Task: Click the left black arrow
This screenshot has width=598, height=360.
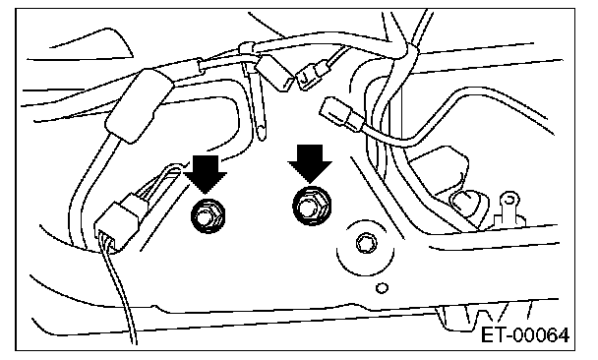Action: pos(206,173)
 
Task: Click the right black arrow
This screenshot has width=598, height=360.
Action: pos(310,163)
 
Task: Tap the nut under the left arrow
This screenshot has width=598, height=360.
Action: pos(208,215)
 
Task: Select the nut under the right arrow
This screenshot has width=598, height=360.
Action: pos(312,206)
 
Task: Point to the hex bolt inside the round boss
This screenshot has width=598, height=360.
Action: pos(367,243)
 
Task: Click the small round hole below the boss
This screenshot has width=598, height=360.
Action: pos(382,288)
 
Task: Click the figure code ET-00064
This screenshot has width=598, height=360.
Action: pos(525,335)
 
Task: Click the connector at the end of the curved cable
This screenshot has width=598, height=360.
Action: pos(340,114)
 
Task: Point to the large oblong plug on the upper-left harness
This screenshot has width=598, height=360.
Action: pos(140,105)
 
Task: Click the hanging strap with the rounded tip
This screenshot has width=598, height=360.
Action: pos(258,103)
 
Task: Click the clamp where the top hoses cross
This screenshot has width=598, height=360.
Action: pos(408,52)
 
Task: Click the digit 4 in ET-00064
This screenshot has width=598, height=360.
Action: pos(563,335)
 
